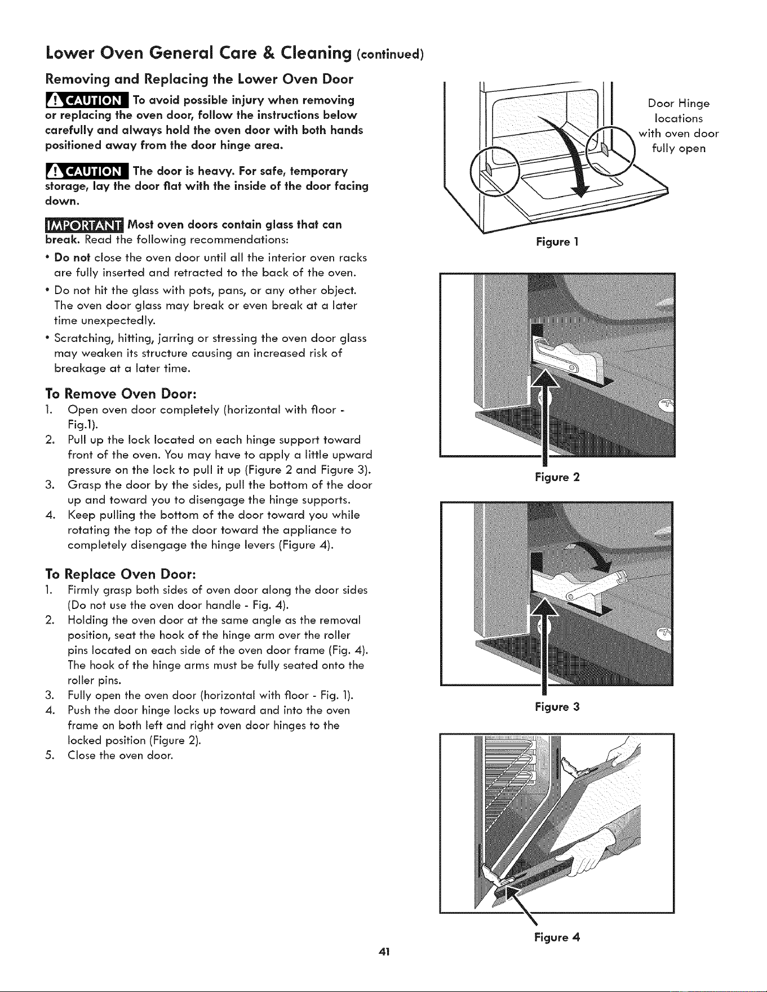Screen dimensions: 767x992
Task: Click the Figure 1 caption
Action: point(557,242)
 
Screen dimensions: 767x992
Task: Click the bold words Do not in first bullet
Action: point(72,257)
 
